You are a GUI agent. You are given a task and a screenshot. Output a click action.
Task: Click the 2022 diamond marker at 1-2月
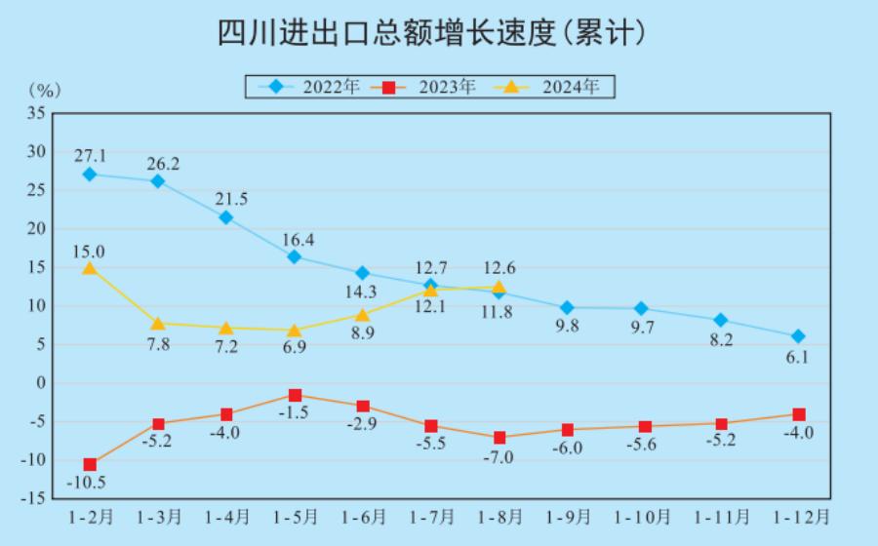point(90,175)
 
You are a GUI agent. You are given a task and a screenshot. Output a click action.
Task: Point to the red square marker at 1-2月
point(90,464)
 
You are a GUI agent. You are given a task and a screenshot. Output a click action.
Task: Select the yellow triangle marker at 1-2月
point(90,268)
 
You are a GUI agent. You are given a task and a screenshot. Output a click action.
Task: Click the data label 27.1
point(90,154)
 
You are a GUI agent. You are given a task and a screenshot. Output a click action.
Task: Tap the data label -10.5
point(86,483)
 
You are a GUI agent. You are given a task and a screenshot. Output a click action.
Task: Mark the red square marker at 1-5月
point(295,395)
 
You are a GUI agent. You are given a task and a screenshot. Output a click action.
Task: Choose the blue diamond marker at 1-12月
point(798,336)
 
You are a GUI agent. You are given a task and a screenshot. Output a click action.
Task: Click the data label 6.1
point(798,358)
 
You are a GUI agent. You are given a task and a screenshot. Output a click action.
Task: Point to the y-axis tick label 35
point(36,113)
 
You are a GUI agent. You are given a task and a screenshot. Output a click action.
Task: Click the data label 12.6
point(499,268)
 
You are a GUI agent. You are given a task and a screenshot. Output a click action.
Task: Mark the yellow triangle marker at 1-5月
point(295,331)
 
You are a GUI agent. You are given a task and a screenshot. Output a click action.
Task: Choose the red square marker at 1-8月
point(499,438)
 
